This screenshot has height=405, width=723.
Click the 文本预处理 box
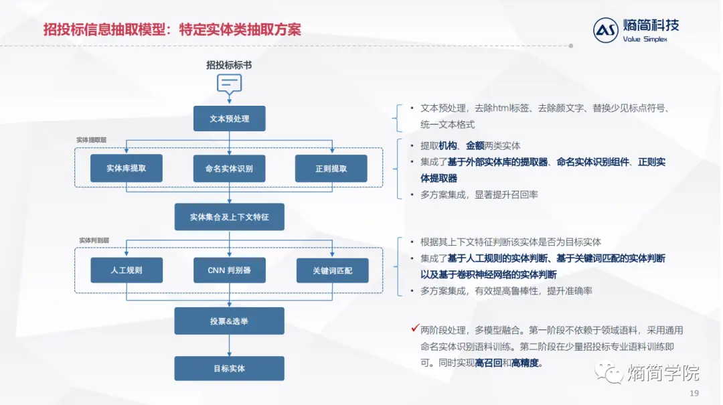(x=230, y=118)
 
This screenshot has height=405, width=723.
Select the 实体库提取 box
(x=127, y=168)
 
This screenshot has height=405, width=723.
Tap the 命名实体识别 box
(x=230, y=169)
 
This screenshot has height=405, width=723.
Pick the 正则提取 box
(x=331, y=169)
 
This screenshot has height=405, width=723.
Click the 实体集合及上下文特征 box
(x=230, y=217)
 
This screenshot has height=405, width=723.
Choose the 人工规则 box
(x=127, y=270)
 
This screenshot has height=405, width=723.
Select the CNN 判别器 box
(x=230, y=270)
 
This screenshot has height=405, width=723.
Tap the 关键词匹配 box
(x=333, y=270)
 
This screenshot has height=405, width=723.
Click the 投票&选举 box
(x=230, y=321)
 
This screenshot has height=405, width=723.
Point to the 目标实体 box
(x=230, y=368)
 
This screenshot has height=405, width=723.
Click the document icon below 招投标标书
(x=229, y=84)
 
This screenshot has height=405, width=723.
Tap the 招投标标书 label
(x=229, y=65)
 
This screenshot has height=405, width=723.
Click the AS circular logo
(x=606, y=30)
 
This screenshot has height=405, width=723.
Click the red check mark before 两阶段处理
(x=415, y=329)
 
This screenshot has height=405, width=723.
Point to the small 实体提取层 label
(x=91, y=140)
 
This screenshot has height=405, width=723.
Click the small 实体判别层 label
(x=94, y=240)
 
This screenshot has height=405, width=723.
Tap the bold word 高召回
(x=489, y=363)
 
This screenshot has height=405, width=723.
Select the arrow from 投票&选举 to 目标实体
(x=230, y=345)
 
